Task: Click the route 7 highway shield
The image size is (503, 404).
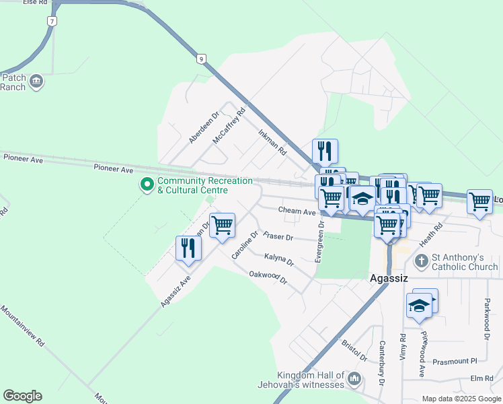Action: pyautogui.click(x=51, y=21)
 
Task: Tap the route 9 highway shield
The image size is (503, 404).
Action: pyautogui.click(x=201, y=59)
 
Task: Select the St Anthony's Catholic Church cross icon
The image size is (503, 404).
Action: pyautogui.click(x=422, y=261)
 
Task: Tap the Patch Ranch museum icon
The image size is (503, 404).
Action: pyautogui.click(x=36, y=82)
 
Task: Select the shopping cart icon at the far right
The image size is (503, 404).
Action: pyautogui.click(x=479, y=201)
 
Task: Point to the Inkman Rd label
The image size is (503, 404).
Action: pyautogui.click(x=272, y=143)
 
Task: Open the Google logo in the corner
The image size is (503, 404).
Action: pyautogui.click(x=22, y=395)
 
